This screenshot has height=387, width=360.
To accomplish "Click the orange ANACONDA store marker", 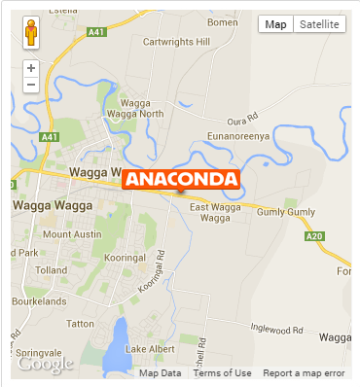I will point(181,179).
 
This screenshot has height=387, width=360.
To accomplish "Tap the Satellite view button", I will point(319,23).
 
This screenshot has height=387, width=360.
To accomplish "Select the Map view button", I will point(276,23).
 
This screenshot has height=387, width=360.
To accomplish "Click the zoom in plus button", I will point(31,68).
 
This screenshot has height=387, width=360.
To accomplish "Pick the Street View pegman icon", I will point(31,32).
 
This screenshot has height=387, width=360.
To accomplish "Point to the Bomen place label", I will point(222,22).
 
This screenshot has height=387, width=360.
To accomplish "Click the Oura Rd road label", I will point(238,121).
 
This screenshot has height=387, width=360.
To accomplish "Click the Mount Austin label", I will point(72,234).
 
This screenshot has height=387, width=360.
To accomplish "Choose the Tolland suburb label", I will point(50,270).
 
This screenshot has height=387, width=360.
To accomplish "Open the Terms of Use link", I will point(222,373).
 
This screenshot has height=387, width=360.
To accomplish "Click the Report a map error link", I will point(304,373).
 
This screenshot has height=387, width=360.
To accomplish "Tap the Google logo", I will point(45,364).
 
